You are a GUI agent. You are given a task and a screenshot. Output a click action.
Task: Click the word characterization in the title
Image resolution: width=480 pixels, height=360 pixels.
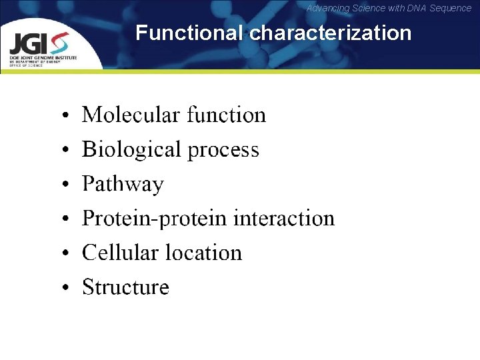(330, 33)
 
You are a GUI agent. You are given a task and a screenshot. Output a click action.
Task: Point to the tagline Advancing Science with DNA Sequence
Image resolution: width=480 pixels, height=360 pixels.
(389, 8)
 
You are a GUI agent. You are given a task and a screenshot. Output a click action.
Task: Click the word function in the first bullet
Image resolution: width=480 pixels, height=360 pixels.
(226, 115)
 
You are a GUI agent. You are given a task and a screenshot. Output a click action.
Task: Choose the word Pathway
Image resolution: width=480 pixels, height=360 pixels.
(123, 185)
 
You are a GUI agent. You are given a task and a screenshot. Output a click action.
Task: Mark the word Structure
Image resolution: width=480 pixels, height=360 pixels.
(125, 287)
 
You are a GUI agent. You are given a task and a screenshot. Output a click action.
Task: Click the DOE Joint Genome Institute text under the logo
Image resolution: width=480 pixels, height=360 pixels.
(43, 58)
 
